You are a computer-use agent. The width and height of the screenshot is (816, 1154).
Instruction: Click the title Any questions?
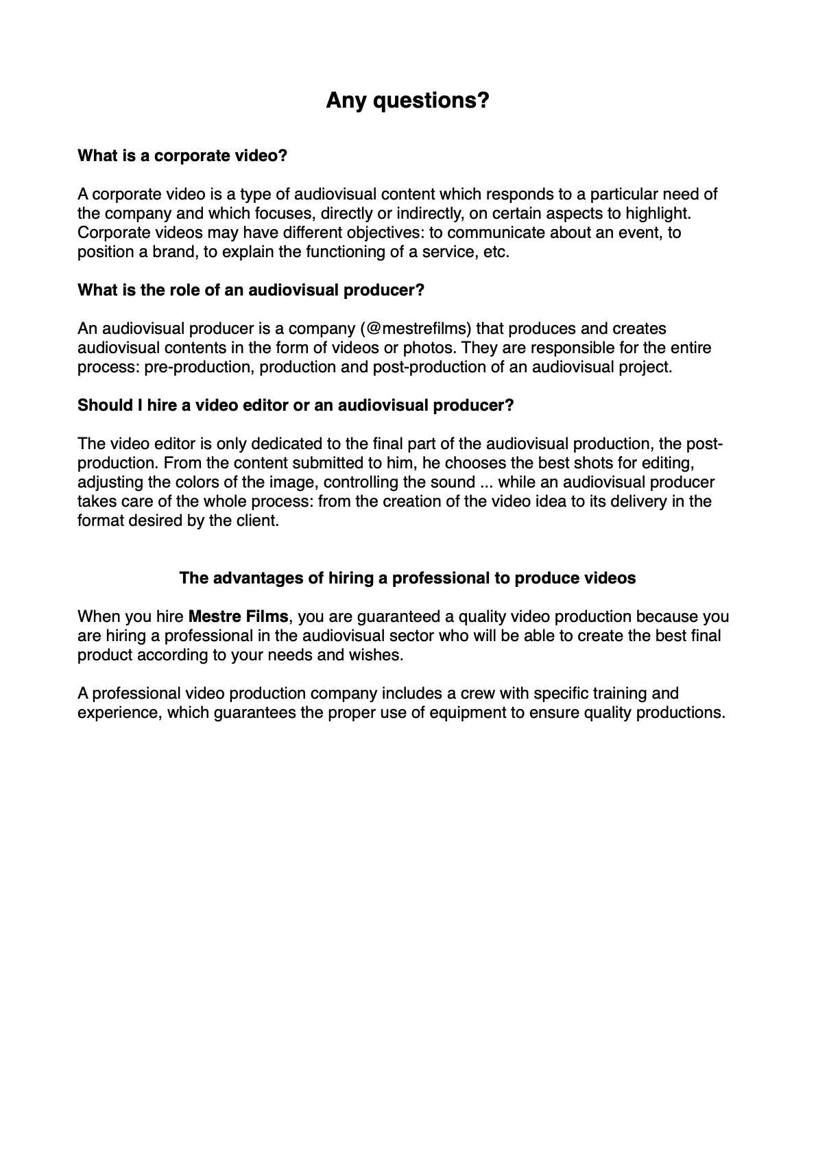407,101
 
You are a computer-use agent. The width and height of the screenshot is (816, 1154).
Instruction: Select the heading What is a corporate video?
182,156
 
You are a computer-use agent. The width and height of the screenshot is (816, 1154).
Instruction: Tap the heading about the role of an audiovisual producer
251,290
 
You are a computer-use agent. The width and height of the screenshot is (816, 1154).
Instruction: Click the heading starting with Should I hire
296,405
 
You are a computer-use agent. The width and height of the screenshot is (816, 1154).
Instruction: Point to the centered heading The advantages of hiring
407,578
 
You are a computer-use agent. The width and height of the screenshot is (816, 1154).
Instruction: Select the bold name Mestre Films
238,616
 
